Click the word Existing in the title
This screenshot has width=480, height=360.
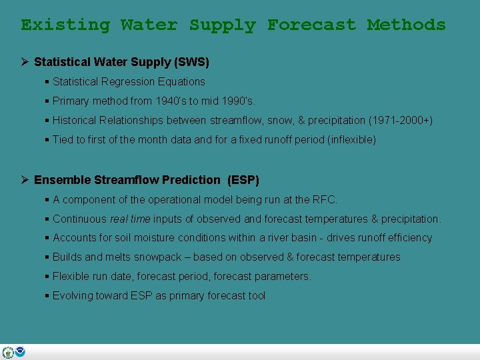65,25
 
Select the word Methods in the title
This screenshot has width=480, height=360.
406,25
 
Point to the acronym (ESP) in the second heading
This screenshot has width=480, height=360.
243,180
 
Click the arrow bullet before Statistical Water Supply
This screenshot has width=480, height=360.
24,62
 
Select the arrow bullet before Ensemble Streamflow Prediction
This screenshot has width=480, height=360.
24,180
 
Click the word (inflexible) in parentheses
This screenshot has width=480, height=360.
348,140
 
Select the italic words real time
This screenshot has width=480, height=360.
130,219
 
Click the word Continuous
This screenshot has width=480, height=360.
79,219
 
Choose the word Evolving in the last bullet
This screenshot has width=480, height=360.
73,296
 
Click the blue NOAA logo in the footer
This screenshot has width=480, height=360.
20,352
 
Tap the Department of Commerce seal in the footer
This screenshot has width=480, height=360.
8,352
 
